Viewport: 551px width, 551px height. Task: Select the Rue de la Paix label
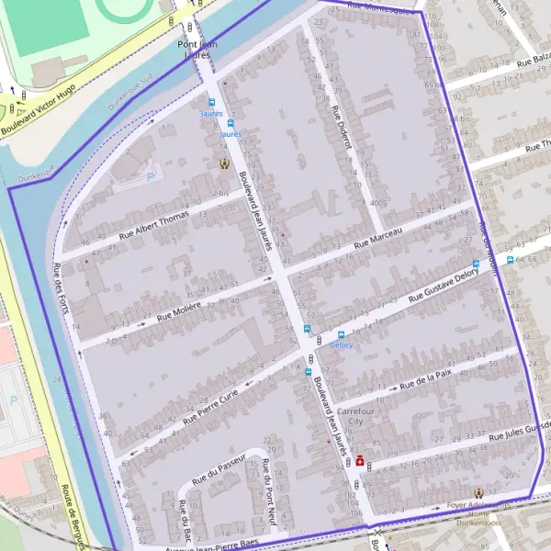(427, 377)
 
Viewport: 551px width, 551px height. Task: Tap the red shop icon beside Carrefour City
(359, 460)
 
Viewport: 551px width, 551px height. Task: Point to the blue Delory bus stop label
(342, 344)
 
